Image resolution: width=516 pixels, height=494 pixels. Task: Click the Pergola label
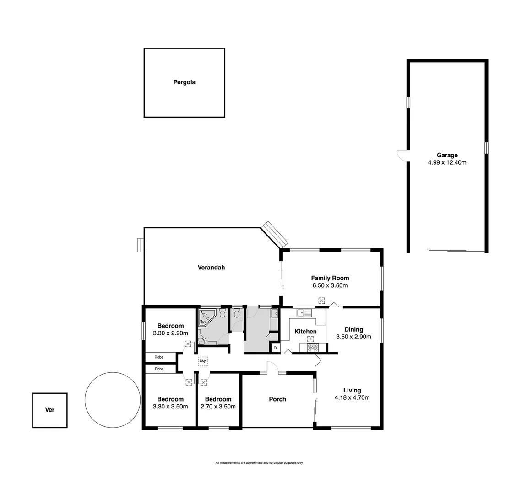click(x=184, y=82)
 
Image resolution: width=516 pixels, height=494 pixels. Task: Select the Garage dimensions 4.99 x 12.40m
click(x=447, y=162)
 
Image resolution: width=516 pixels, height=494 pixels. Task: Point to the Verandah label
click(x=211, y=268)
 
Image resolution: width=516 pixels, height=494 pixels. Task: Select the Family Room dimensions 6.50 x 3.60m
click(x=330, y=285)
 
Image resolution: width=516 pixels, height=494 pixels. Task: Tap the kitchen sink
click(x=304, y=313)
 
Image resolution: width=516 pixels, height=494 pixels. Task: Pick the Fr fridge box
click(x=275, y=348)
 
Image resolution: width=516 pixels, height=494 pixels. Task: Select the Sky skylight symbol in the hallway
click(x=203, y=361)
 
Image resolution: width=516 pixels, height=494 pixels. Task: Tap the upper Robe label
click(x=159, y=357)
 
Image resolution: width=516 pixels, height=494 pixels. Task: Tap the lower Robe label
click(x=159, y=369)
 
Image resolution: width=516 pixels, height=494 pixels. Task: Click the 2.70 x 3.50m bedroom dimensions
click(x=218, y=407)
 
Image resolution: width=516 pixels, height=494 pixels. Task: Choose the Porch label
click(x=277, y=399)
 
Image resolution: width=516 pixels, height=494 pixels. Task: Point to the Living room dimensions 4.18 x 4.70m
click(x=352, y=398)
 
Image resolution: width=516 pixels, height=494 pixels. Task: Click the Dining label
click(x=353, y=329)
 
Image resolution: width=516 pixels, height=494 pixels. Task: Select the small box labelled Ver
click(x=50, y=410)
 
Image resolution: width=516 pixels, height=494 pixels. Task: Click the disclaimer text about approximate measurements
click(x=259, y=463)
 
